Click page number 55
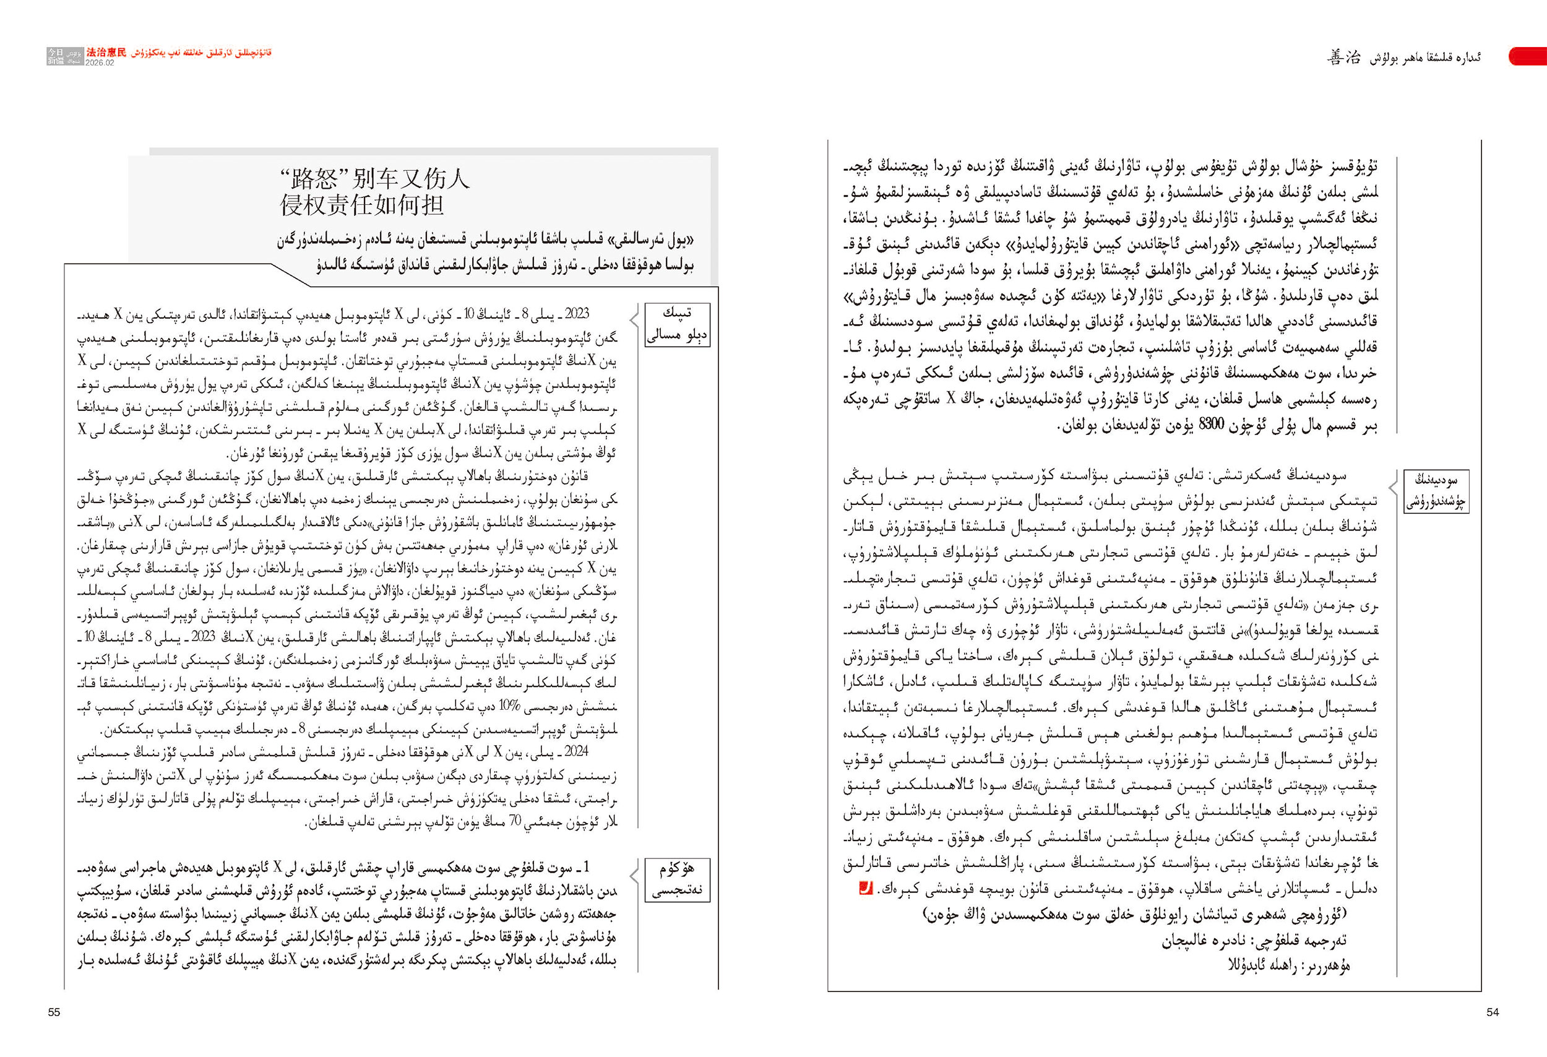tap(54, 1012)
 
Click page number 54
tap(1493, 1012)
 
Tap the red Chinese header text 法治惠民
tap(106, 53)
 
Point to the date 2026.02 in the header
tap(100, 63)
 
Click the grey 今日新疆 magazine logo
tap(64, 56)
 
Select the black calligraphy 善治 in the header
tap(1343, 58)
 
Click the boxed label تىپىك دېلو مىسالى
tap(677, 324)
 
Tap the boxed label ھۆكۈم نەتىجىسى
tap(677, 879)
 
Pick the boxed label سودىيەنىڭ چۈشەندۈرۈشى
tap(1436, 491)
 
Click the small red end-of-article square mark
tap(865, 888)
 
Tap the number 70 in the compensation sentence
tap(515, 821)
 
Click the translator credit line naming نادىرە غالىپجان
tap(1254, 940)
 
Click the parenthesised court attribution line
tap(1135, 915)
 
